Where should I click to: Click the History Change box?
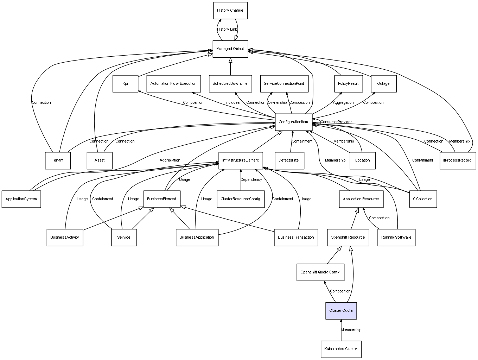(x=230, y=11)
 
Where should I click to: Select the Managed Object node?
(x=230, y=49)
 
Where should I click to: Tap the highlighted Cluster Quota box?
(x=341, y=311)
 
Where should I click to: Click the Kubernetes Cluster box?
(x=341, y=349)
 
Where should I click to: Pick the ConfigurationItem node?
(x=294, y=122)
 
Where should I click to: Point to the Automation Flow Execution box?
(x=173, y=84)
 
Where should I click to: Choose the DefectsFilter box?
(x=289, y=160)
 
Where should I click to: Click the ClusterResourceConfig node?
(x=241, y=199)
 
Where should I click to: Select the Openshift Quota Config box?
(x=320, y=272)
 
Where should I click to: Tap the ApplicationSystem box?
(x=21, y=199)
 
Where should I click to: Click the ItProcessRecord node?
(x=458, y=160)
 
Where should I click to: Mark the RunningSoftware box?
(x=396, y=238)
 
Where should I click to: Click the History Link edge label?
(x=227, y=30)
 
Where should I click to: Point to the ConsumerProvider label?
(x=336, y=122)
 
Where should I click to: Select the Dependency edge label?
(x=251, y=180)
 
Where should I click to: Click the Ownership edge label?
(x=277, y=102)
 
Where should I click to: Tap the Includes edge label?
(x=232, y=102)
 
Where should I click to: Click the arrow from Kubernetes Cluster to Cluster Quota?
(x=341, y=330)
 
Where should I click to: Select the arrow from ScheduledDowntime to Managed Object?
(x=230, y=67)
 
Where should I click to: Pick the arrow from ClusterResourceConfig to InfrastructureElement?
(x=241, y=180)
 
